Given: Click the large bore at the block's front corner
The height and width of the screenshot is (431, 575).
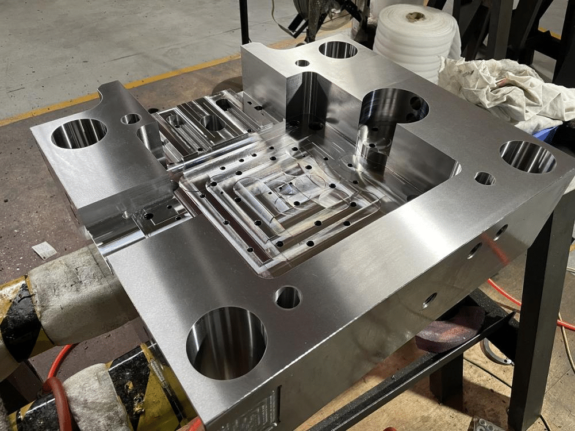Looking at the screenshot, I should [226, 343].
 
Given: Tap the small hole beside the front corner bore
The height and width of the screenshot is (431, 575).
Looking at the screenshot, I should [288, 297].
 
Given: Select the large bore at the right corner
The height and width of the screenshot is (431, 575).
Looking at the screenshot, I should [527, 156].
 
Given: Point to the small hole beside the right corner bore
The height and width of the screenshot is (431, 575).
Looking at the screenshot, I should [485, 178].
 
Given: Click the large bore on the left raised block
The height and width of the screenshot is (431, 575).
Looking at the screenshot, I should [79, 133].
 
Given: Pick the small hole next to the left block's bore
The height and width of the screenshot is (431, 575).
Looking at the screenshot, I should [131, 119].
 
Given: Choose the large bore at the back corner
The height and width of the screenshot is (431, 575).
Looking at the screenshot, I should [338, 49].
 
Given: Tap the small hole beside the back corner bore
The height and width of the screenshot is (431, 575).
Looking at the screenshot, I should [302, 63].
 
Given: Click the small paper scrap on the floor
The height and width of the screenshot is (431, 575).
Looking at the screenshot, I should [44, 250].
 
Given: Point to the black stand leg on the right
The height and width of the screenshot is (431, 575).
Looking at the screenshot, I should [538, 322].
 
